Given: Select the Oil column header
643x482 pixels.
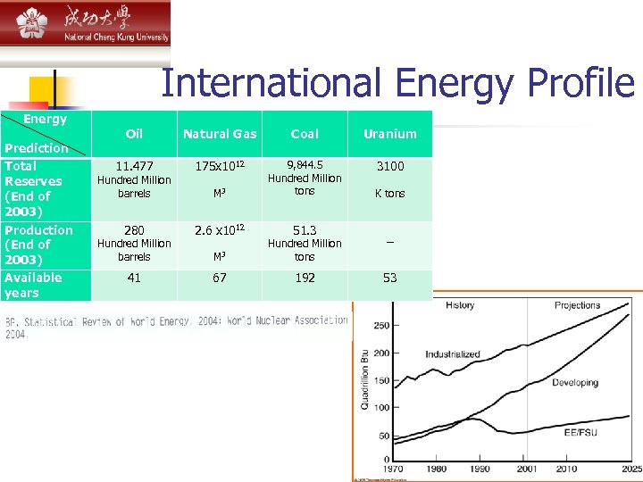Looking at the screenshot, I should click(x=134, y=134).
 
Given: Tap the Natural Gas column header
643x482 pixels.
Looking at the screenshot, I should click(x=220, y=134).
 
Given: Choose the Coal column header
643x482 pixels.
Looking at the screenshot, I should click(x=305, y=134).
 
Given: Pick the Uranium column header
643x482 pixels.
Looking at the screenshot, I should click(x=389, y=134).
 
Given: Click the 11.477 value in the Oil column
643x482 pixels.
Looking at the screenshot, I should click(x=134, y=166).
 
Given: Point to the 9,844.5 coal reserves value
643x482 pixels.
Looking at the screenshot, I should click(x=305, y=165).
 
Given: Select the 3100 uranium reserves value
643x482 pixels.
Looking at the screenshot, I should click(x=389, y=166).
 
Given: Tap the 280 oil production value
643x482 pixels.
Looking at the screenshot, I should click(x=134, y=230).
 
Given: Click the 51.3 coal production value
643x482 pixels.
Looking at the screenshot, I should click(x=305, y=230).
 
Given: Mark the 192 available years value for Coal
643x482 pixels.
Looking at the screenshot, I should click(x=305, y=278).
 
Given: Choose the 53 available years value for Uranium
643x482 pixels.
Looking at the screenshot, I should click(x=389, y=278).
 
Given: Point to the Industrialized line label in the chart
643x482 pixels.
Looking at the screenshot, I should click(x=453, y=354).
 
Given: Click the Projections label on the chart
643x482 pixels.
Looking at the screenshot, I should click(x=577, y=305).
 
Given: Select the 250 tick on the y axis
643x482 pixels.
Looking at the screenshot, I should click(x=381, y=326).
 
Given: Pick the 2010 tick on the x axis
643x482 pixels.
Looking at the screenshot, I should click(x=566, y=470).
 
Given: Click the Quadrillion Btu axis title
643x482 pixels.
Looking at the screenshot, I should click(x=364, y=380).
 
